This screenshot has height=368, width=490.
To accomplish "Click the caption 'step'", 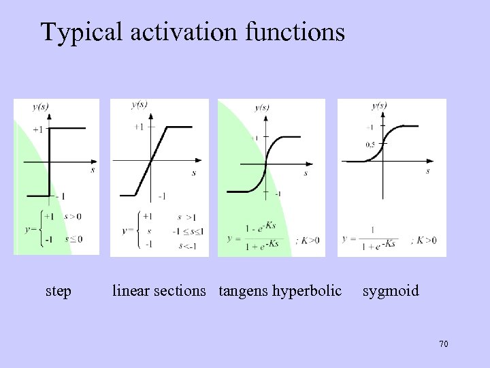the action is click(58, 292).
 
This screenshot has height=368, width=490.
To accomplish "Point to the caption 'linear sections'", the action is click(159, 291).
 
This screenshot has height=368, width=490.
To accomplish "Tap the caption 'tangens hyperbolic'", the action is click(280, 292).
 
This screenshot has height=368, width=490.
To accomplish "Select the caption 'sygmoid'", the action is click(391, 292).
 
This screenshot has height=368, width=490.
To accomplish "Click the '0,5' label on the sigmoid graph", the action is click(370, 144).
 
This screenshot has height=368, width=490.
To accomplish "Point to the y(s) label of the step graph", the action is click(40, 106).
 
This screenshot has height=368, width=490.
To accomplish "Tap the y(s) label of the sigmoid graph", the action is click(379, 106).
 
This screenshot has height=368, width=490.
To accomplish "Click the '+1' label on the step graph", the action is click(37, 129).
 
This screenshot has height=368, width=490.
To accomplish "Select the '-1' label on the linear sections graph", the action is click(161, 196).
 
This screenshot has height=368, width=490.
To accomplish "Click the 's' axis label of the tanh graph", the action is click(306, 174).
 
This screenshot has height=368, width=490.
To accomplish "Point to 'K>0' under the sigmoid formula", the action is click(425, 240).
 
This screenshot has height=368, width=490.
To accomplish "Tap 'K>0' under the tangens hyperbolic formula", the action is click(306, 241).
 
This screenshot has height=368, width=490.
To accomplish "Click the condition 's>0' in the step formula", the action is click(72, 217).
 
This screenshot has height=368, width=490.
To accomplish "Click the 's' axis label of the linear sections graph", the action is click(194, 173).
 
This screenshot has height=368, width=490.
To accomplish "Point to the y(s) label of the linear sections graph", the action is click(139, 104).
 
